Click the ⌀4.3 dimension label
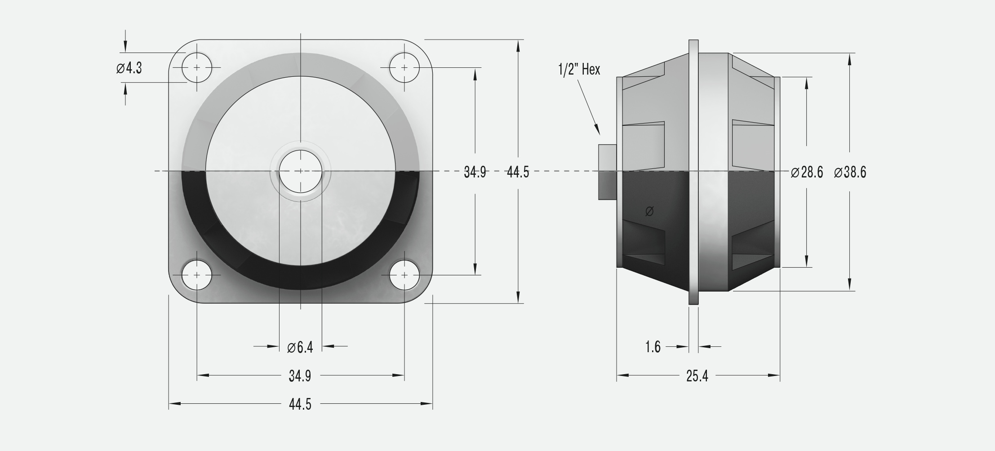click(x=129, y=68)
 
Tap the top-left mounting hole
click(x=197, y=67)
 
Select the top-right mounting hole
click(x=404, y=67)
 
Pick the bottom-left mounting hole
click(x=197, y=274)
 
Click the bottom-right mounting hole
click(x=404, y=274)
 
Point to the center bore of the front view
click(x=300, y=171)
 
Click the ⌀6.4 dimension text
click(x=300, y=347)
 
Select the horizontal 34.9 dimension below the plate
click(x=300, y=376)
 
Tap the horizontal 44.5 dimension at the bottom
click(x=300, y=404)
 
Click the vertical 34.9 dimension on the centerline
click(x=475, y=172)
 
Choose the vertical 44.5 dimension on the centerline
click(x=518, y=172)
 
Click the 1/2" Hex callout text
click(x=579, y=69)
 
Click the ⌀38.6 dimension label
click(x=850, y=172)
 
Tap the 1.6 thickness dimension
click(x=653, y=347)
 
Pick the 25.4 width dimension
click(x=697, y=376)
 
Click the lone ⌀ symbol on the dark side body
click(x=649, y=211)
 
